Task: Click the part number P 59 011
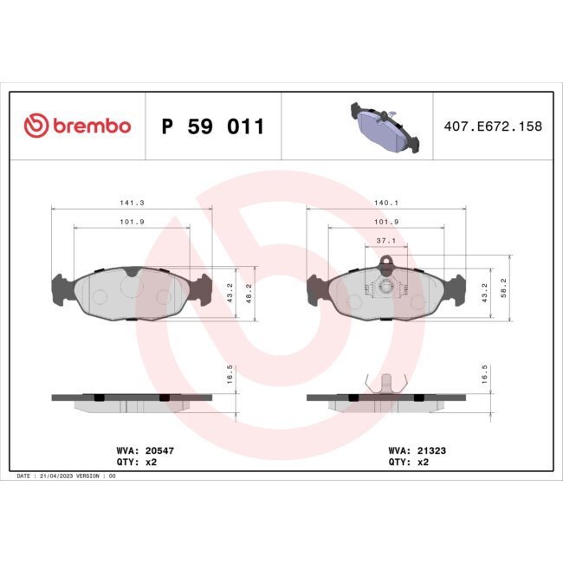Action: coord(212,126)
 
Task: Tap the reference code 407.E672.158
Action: coord(492,126)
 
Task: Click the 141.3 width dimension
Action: coord(132,203)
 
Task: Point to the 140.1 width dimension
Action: coord(386,203)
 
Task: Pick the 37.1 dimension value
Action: coord(386,241)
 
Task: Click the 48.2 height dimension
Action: coord(250,293)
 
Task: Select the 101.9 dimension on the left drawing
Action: coord(132,222)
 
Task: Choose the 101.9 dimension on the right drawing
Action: coord(386,222)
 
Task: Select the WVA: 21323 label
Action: coord(417,450)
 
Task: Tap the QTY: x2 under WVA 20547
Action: coord(137,463)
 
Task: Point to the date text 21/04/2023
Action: coord(65,476)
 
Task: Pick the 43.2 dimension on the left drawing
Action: coord(230,293)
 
